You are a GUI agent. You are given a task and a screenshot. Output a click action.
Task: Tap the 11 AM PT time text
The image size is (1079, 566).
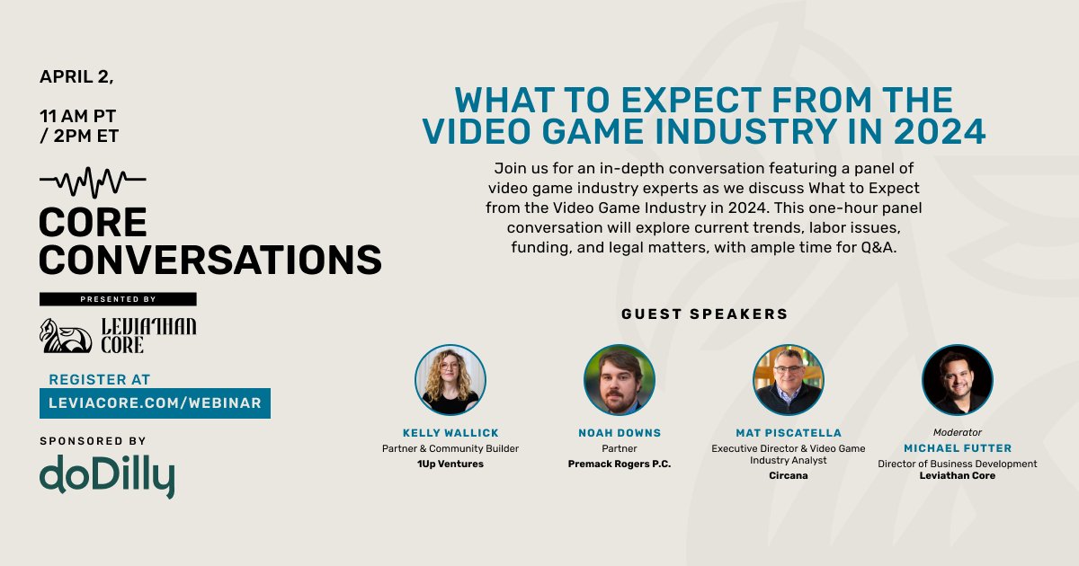(x=77, y=116)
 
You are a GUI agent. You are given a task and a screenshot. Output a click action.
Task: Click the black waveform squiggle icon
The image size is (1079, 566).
(x=93, y=181)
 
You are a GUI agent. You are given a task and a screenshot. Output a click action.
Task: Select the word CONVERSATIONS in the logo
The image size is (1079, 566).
(x=210, y=260)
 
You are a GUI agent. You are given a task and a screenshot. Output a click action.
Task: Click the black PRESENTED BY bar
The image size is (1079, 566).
(x=118, y=299)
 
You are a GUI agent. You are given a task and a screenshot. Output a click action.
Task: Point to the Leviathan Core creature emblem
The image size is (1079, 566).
(x=65, y=335)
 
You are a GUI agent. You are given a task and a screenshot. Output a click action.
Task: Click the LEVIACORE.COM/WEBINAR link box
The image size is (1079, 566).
(x=155, y=403)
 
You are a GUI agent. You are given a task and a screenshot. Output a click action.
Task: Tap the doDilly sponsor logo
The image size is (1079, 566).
(x=106, y=475)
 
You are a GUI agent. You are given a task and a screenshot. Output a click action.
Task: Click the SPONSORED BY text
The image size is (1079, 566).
(x=93, y=441)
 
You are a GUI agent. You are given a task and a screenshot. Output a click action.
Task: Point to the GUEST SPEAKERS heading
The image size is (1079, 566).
(x=704, y=314)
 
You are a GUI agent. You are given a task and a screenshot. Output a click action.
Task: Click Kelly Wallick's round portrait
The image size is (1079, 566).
(x=450, y=380)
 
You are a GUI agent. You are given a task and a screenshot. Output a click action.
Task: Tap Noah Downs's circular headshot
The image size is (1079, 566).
(x=619, y=380)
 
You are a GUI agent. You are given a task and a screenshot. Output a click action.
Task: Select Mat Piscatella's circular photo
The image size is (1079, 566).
(x=788, y=380)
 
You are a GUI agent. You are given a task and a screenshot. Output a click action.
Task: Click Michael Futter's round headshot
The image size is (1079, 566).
(x=957, y=380)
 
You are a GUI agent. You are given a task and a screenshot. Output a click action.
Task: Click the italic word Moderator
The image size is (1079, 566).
(x=957, y=432)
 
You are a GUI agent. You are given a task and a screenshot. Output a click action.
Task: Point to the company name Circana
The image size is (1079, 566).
(x=788, y=475)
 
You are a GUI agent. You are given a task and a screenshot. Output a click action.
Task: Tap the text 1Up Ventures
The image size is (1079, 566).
(x=450, y=464)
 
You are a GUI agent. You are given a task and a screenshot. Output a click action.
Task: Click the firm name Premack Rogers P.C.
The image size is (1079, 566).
(x=619, y=464)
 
